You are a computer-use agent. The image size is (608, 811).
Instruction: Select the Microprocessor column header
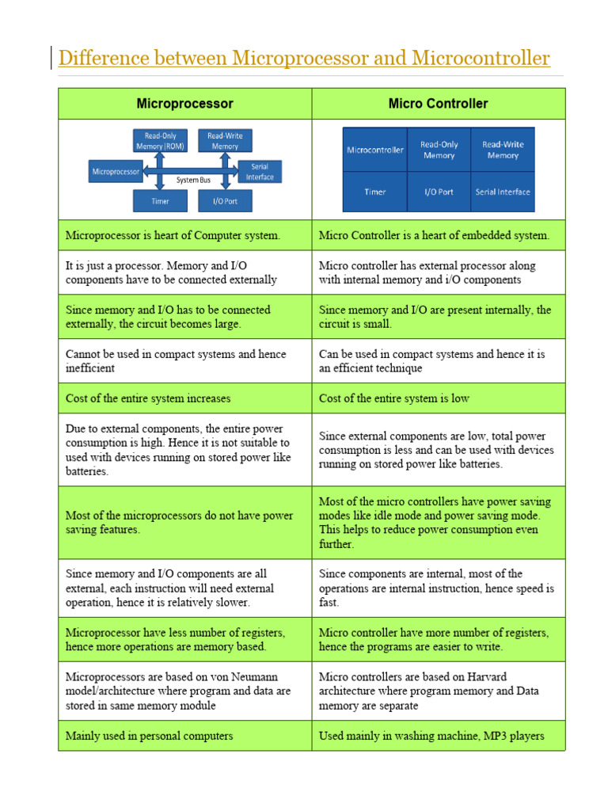[184, 104]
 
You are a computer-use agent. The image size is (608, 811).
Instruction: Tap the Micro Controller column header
[438, 104]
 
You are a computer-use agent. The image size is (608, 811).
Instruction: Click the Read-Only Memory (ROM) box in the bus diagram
[160, 141]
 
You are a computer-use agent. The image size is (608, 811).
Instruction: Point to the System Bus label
[193, 180]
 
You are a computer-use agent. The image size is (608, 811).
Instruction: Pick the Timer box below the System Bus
[160, 201]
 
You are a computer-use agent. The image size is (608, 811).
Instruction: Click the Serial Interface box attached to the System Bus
[260, 172]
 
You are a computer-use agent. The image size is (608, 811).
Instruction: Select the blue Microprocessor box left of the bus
[116, 171]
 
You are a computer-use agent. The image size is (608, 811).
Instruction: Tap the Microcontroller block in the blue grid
[374, 150]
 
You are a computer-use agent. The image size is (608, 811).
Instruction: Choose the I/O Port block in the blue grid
[439, 192]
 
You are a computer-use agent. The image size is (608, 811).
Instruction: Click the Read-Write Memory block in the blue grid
[503, 150]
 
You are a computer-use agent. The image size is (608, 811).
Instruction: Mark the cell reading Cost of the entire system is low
[393, 398]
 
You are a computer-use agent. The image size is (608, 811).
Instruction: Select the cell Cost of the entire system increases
[148, 398]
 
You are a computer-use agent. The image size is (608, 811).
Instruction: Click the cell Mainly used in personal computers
[149, 736]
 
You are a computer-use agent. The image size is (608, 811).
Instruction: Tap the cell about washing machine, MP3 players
[431, 736]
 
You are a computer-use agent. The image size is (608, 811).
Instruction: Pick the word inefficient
[90, 368]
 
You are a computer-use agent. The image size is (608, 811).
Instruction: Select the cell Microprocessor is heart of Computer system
[173, 235]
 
